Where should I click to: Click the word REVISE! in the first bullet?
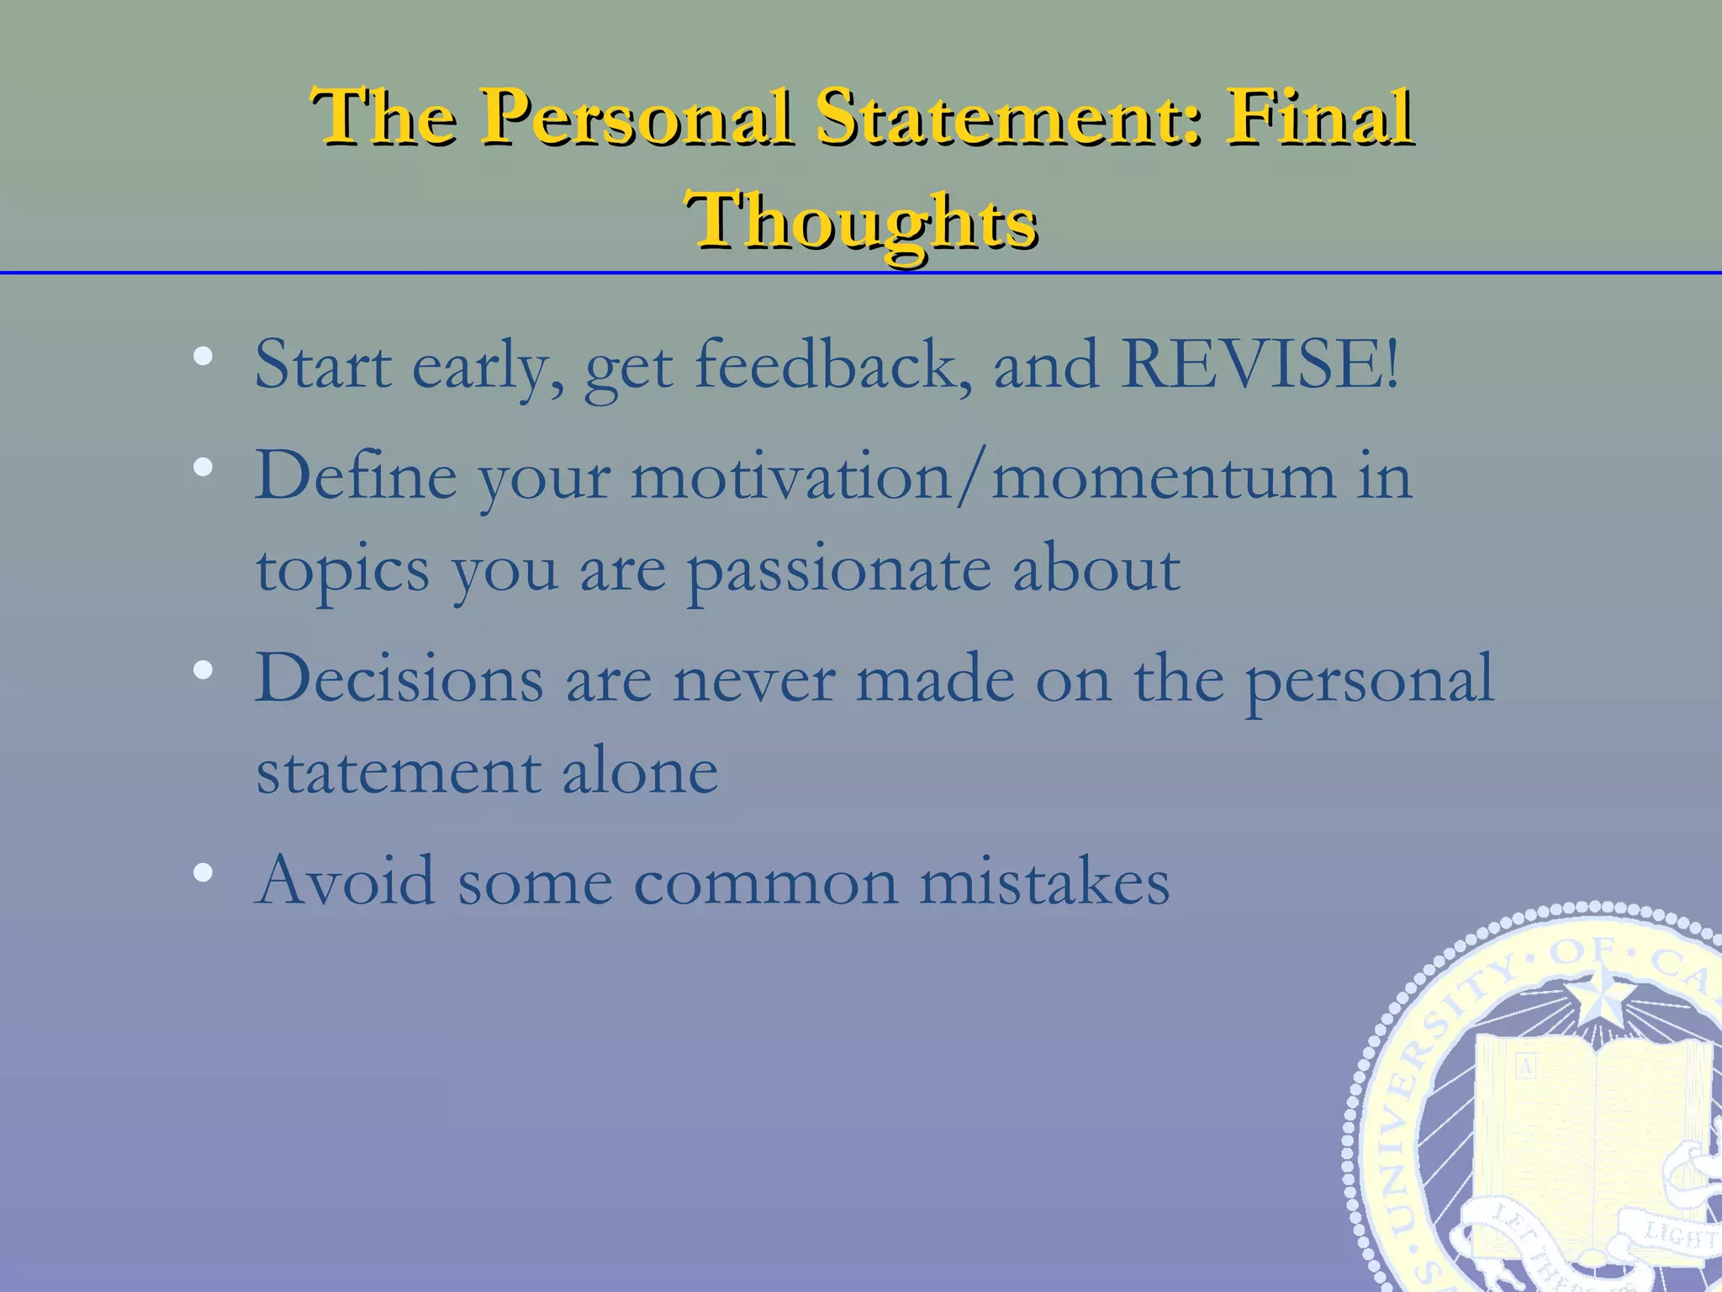[1260, 365]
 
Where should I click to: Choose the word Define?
[357, 476]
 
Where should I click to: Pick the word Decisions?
[399, 679]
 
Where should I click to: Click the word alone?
[640, 771]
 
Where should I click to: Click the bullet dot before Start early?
[203, 357]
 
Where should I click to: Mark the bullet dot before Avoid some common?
[203, 873]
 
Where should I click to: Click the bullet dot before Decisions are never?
[203, 670]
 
